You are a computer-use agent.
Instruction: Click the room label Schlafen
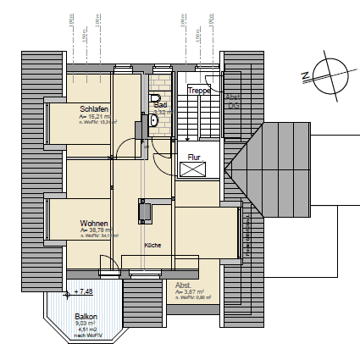(93, 109)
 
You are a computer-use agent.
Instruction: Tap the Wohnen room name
(93, 222)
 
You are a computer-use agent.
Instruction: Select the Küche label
(152, 245)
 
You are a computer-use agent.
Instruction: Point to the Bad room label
(161, 104)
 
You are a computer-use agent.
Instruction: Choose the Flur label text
(194, 157)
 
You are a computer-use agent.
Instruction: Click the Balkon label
(86, 315)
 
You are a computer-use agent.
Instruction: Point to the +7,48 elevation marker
(83, 291)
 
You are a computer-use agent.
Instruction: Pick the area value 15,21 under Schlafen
(92, 117)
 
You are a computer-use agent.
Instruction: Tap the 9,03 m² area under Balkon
(86, 323)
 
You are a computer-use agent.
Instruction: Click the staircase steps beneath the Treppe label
(197, 114)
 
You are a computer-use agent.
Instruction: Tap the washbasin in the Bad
(153, 120)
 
